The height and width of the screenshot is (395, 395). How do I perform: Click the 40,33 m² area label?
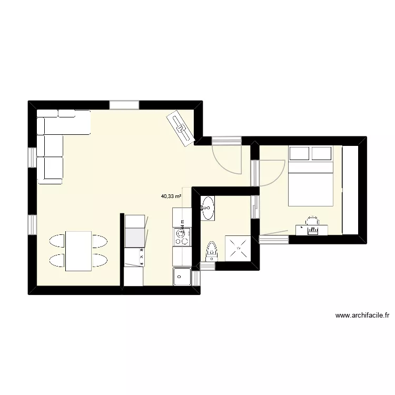171,196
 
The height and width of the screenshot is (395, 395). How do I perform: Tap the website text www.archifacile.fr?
361,316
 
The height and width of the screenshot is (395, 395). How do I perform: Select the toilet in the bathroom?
212,251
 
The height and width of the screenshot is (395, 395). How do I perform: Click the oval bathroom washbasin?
208,204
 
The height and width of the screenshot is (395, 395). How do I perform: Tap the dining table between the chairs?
78,251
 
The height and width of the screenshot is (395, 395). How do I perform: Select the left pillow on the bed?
299,154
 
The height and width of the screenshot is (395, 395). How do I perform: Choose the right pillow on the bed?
321,154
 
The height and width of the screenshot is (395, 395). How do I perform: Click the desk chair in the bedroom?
313,221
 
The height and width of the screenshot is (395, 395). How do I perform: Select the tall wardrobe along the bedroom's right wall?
350,190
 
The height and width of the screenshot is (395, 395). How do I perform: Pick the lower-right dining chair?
100,261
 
